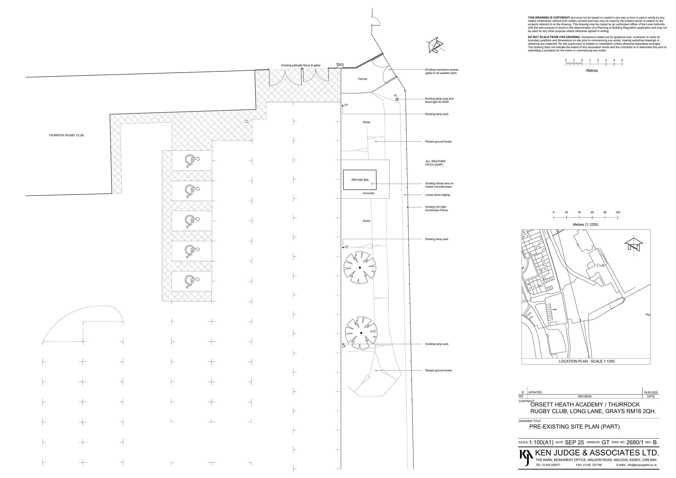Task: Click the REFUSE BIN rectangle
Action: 359,180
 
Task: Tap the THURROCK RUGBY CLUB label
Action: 66,135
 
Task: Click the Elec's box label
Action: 340,64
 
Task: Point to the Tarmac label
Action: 362,79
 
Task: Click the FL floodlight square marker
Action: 397,99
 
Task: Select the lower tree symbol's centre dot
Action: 361,333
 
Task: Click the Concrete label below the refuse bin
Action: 368,193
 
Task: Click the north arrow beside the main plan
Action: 435,46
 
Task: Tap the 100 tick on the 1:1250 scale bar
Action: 618,217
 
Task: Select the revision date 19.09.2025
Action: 650,393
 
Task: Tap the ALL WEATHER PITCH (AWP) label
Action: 435,163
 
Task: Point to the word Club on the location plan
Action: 600,265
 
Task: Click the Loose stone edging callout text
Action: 438,195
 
